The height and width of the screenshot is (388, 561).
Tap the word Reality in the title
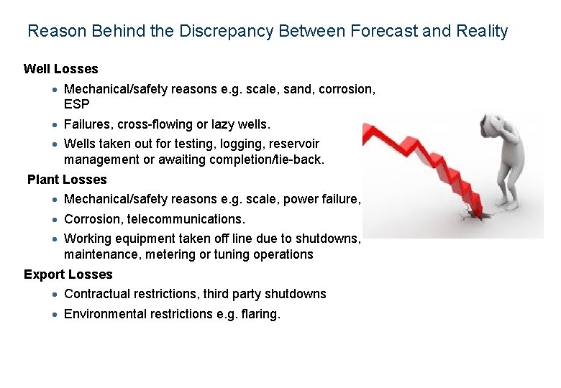483,32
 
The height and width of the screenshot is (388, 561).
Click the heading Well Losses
61,70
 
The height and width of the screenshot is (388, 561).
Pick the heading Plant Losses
67,180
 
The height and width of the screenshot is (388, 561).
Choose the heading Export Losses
68,274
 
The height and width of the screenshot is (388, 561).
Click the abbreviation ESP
77,104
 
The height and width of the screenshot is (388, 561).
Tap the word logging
244,144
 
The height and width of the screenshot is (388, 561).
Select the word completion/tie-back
267,160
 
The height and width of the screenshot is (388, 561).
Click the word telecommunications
186,219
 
